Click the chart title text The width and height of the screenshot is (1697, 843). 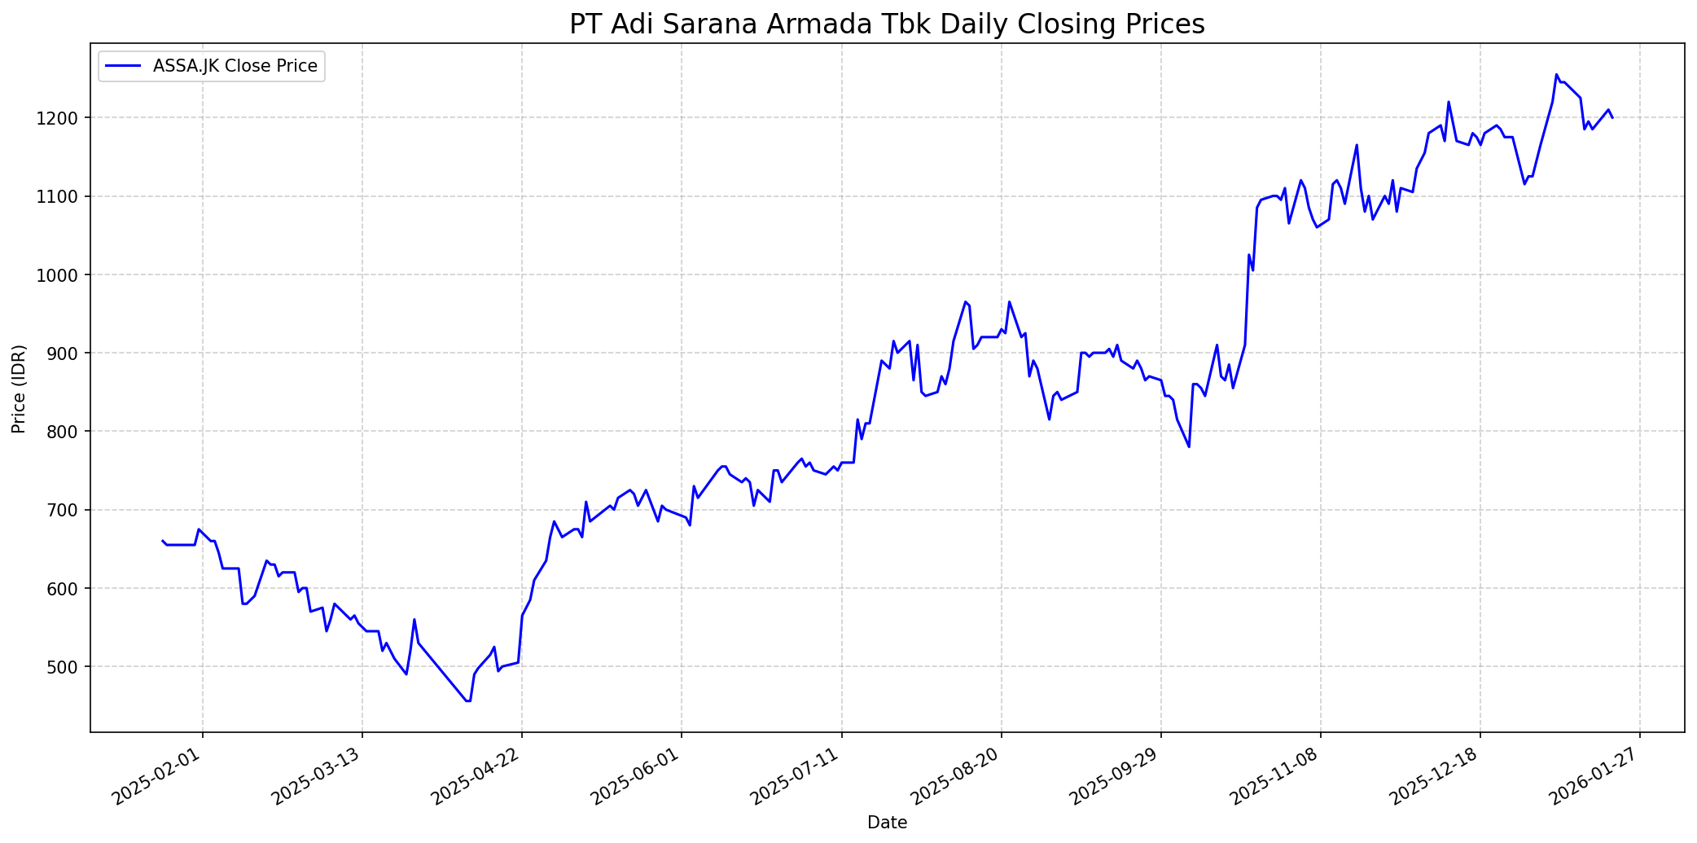pos(886,24)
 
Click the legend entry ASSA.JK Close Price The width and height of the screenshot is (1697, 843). pos(235,66)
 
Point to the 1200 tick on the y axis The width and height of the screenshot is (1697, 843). pos(63,118)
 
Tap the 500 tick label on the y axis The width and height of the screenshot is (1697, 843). pos(67,667)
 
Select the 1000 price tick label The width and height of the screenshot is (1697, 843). pos(63,275)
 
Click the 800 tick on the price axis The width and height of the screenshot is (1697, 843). pos(67,432)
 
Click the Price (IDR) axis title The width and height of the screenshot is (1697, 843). pos(19,389)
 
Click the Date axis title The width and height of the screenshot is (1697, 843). pos(887,823)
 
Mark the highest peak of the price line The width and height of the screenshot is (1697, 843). pos(1556,75)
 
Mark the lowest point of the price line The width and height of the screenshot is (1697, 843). pos(467,701)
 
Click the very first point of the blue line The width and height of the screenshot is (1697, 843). pos(162,540)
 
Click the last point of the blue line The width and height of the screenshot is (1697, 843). pos(1612,118)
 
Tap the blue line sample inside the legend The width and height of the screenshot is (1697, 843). pos(123,66)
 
